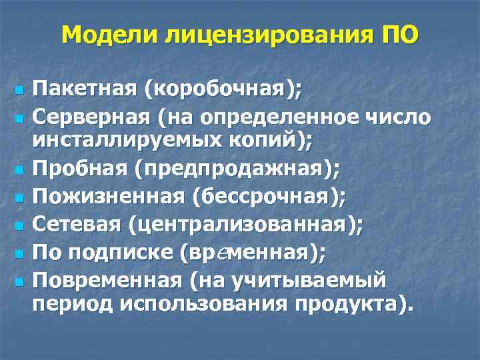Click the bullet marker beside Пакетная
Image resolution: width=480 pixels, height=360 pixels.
(x=19, y=89)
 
